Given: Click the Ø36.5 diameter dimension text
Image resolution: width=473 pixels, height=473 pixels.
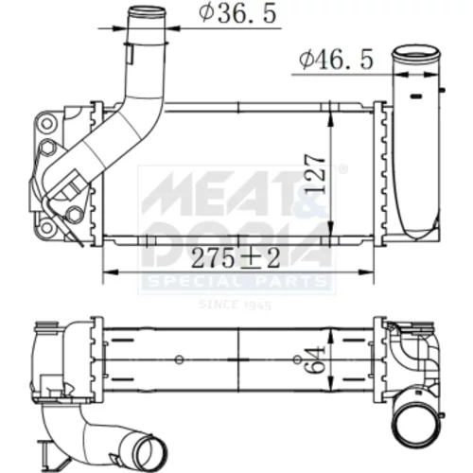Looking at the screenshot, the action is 237,13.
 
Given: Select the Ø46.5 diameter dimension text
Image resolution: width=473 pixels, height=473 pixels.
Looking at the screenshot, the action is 336,60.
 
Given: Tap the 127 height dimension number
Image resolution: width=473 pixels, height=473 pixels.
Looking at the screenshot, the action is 315,173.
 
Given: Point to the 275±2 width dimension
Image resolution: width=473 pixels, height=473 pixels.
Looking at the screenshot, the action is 236,257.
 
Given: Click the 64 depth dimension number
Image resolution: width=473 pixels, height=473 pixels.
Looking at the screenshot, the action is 315,359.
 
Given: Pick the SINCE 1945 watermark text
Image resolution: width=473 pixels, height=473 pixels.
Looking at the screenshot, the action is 236,305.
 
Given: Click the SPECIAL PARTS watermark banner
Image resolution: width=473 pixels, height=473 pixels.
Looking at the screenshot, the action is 236,282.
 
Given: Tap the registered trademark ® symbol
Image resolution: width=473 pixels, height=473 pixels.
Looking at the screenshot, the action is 342,169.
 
